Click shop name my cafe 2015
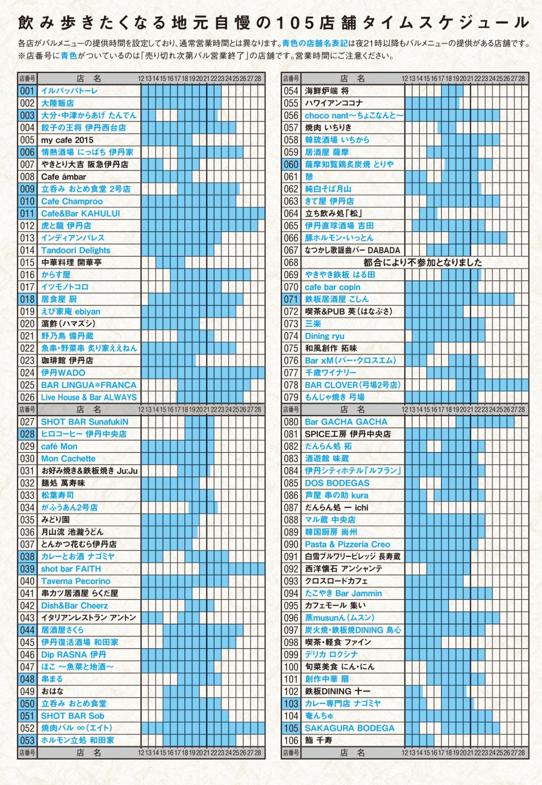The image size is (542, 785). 67,140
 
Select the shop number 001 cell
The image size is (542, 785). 27,91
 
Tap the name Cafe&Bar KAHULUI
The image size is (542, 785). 80,213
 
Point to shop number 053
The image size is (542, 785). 27,740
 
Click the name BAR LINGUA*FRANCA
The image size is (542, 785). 88,385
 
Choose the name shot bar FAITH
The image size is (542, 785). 71,569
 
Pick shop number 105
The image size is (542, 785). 291,728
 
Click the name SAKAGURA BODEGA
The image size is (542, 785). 349,728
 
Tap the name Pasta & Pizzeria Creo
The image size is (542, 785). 347,544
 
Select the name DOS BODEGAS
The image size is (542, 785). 337,483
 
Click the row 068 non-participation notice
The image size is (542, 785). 423,262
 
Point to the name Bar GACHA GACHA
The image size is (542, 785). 346,422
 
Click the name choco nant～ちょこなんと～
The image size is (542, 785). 354,116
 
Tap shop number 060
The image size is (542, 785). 291,164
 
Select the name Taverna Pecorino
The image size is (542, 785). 75,581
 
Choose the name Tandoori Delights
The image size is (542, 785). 75,250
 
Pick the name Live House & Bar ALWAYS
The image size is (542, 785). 89,397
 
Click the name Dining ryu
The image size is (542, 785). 325,336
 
